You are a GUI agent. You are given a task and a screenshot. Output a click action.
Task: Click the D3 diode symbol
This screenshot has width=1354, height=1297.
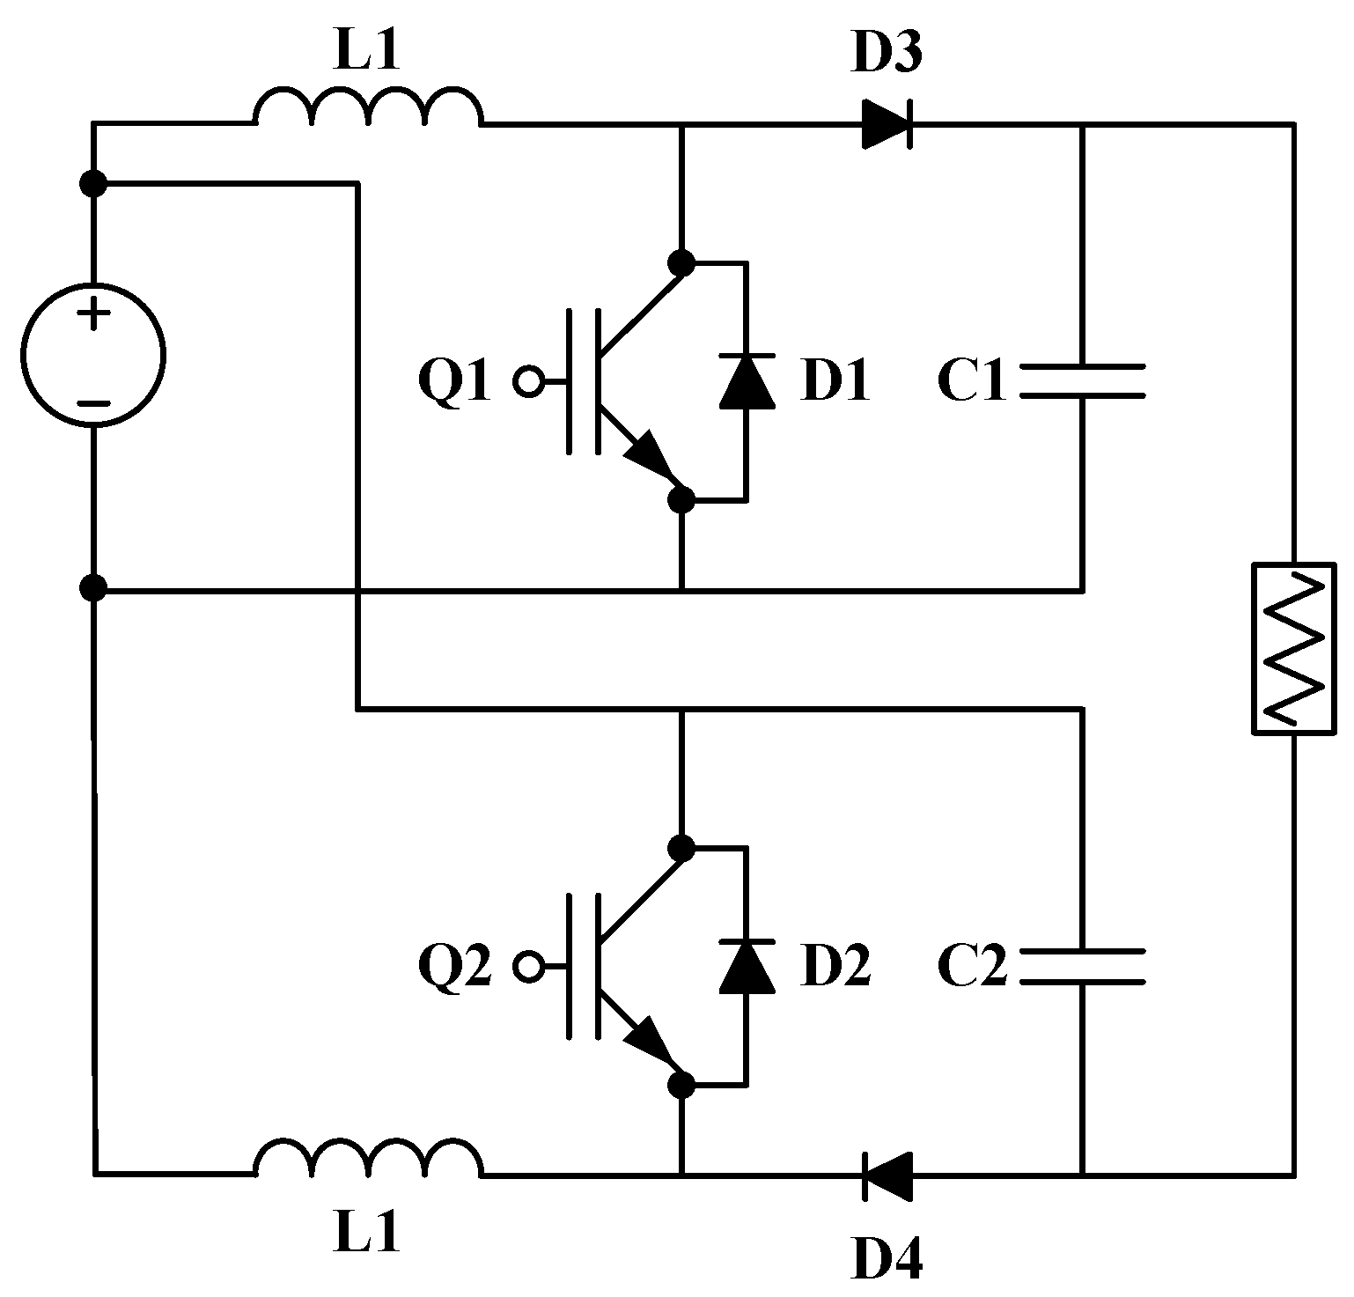click(887, 125)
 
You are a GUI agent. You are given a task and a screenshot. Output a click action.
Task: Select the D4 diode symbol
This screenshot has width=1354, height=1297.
click(887, 1174)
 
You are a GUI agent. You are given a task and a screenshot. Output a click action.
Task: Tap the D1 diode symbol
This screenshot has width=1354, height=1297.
click(747, 380)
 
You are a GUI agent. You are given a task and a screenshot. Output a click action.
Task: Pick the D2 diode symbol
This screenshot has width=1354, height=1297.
click(747, 966)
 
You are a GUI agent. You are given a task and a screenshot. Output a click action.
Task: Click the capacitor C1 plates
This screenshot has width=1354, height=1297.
click(1082, 380)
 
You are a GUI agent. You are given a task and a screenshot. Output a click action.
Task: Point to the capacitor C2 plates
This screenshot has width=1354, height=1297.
click(1082, 966)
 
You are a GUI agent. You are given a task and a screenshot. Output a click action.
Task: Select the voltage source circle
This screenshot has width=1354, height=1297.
click(93, 357)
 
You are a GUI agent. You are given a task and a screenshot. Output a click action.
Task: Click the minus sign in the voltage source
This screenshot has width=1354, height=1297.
click(93, 404)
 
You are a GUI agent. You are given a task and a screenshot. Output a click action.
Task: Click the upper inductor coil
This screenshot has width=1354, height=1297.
click(368, 109)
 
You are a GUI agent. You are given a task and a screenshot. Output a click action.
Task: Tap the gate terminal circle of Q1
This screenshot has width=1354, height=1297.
click(528, 381)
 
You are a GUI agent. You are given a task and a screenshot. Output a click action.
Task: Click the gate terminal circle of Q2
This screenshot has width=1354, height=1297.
click(528, 967)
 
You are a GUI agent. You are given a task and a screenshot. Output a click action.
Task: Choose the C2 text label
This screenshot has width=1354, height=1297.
click(971, 967)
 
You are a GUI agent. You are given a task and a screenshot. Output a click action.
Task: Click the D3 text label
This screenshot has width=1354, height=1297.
click(887, 55)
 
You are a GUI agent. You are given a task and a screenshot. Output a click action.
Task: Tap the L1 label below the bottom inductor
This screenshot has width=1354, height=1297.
click(367, 1232)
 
